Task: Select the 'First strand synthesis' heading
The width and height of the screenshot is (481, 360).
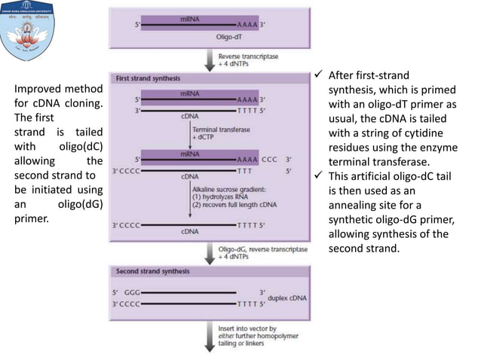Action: pos(149,78)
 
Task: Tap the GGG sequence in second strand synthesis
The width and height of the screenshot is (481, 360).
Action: pos(132,291)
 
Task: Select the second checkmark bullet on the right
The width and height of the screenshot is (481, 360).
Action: pos(320,175)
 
